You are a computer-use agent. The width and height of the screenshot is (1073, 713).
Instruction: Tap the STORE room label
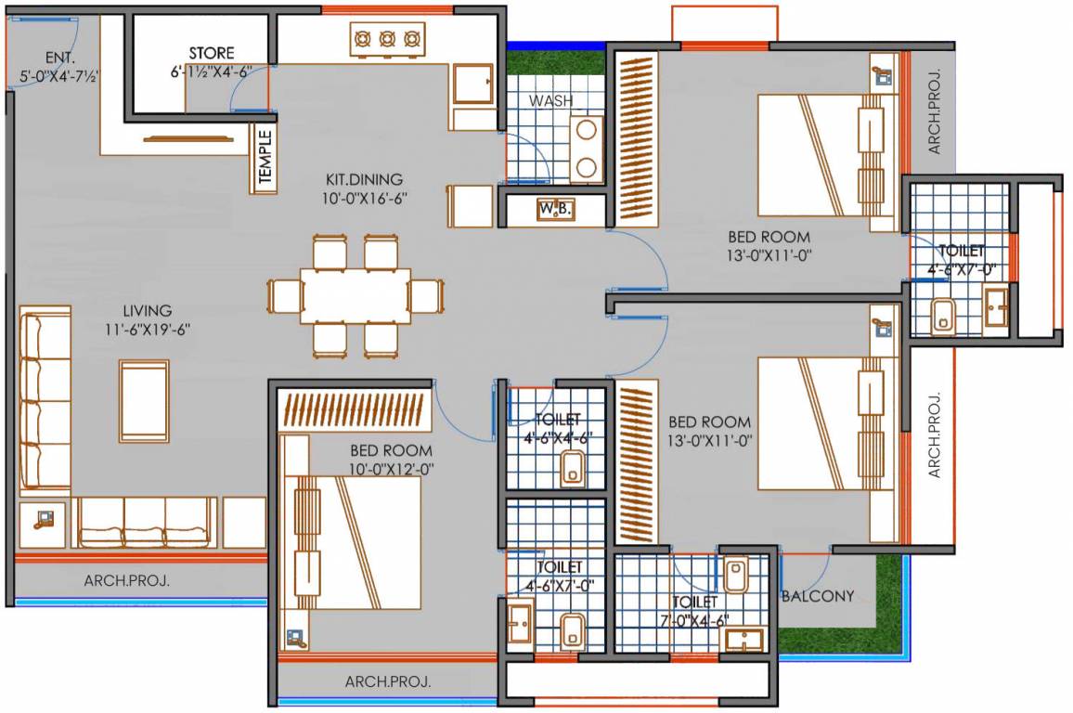(x=212, y=53)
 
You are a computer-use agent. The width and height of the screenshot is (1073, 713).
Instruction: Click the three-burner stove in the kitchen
(x=386, y=39)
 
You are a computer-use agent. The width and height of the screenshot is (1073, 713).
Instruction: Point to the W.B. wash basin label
(x=554, y=209)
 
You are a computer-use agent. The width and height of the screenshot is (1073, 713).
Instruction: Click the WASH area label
(x=550, y=100)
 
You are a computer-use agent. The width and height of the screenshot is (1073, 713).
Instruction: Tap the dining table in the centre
(x=355, y=296)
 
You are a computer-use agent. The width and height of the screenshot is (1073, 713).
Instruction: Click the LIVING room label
(x=148, y=309)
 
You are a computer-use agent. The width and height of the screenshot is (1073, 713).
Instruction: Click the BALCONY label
(x=818, y=596)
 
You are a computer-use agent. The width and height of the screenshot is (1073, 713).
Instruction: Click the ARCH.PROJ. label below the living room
(x=127, y=581)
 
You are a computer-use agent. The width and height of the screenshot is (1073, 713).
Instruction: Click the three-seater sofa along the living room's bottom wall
(x=146, y=522)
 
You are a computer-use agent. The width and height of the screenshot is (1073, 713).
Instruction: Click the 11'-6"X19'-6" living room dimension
(x=149, y=329)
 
